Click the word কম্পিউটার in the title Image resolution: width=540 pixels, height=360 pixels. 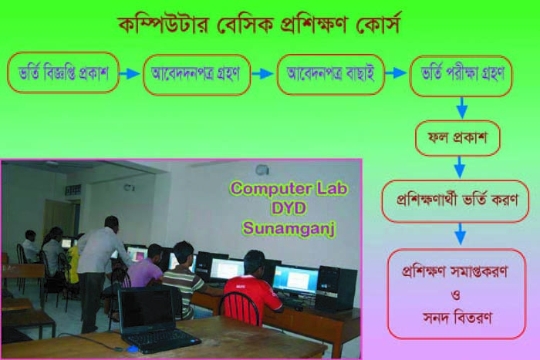(164, 25)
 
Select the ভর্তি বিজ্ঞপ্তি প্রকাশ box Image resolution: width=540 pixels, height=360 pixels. (63, 72)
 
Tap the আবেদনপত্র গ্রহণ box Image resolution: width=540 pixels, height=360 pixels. (197, 74)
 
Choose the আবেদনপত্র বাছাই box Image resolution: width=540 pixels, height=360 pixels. (331, 74)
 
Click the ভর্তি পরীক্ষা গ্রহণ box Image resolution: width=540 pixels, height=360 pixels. (461, 76)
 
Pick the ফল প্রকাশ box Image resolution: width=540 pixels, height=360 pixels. (457, 138)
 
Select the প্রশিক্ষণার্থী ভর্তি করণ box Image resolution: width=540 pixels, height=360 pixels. (455, 201)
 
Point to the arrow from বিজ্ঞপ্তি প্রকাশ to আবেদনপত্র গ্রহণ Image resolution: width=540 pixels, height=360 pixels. (130, 73)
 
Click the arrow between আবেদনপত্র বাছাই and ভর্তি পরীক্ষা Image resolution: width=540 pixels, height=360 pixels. (396, 73)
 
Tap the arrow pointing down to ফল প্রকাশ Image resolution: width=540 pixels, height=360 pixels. (462, 108)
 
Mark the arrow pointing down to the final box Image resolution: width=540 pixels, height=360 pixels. (461, 234)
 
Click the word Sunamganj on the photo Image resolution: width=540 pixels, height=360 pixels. (289, 228)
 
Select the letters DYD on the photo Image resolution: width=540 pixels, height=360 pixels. (289, 209)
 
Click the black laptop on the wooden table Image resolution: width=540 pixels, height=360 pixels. (157, 319)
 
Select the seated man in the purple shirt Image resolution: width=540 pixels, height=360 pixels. (147, 267)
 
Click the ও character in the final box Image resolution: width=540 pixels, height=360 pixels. (456, 295)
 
